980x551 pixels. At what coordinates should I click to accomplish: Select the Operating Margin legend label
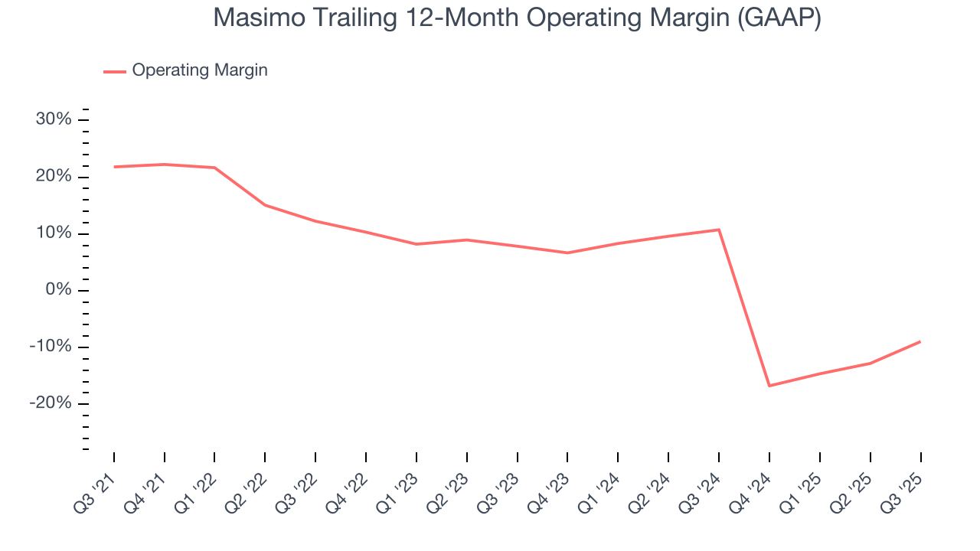click(x=200, y=70)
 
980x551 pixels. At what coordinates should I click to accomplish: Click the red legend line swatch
click(x=115, y=71)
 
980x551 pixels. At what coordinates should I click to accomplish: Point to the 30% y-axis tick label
click(x=54, y=120)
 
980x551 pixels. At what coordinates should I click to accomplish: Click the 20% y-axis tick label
click(x=54, y=177)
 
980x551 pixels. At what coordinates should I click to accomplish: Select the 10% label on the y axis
click(x=54, y=233)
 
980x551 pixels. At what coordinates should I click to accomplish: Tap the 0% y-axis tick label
click(x=58, y=290)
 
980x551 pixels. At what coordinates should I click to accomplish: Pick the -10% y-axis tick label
click(x=51, y=347)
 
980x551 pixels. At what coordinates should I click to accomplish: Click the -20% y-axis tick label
click(x=51, y=403)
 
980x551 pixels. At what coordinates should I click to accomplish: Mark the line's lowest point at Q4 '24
click(x=769, y=386)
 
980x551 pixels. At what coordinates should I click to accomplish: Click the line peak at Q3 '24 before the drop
click(x=719, y=230)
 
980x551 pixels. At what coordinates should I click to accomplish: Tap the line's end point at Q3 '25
click(x=920, y=341)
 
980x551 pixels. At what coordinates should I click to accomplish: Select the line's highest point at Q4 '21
click(x=165, y=165)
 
